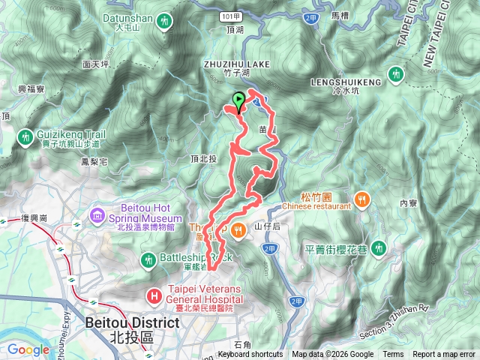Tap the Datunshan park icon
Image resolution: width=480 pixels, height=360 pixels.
164,22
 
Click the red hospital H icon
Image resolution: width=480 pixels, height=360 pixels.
154,295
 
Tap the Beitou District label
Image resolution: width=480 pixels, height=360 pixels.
122,322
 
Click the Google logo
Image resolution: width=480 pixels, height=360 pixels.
28,349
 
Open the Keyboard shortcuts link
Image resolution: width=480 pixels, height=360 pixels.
250,355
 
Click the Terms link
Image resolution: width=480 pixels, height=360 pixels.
393,355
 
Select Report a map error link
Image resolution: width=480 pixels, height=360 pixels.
444,355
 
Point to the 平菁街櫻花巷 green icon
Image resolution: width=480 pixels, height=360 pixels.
380,247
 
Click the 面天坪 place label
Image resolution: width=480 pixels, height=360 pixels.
97,64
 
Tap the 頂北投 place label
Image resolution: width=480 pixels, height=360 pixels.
203,159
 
